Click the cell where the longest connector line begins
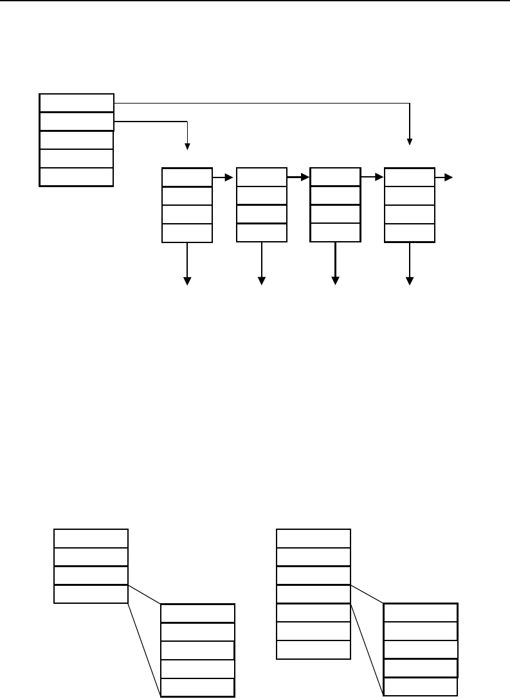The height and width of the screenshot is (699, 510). tap(76, 102)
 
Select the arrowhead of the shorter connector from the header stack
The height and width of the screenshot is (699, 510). tap(187, 145)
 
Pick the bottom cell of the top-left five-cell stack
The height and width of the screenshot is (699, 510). tap(76, 177)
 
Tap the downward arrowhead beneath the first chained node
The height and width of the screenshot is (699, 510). tap(188, 280)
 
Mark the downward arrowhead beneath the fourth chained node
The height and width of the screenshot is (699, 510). tap(410, 280)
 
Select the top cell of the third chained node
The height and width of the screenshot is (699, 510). tap(334, 177)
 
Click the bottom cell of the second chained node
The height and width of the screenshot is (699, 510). tap(261, 233)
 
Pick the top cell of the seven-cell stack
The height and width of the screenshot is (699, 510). tap(313, 538)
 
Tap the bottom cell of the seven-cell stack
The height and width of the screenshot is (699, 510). tap(313, 649)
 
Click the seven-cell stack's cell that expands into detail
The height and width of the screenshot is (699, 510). tap(313, 594)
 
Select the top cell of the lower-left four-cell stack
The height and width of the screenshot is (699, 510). tap(91, 538)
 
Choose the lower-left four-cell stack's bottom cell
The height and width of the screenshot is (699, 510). tap(91, 594)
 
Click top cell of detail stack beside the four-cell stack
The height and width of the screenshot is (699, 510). tap(197, 613)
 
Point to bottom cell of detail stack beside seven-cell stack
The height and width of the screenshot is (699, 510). tap(420, 687)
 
